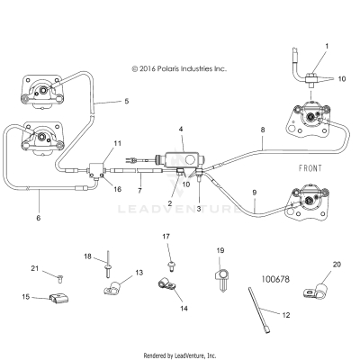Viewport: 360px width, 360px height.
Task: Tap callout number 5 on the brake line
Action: coord(126,101)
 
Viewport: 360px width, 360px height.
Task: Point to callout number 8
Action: coord(262,130)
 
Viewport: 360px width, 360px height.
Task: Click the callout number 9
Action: coord(254,192)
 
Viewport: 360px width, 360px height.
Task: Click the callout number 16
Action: coord(117,190)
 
